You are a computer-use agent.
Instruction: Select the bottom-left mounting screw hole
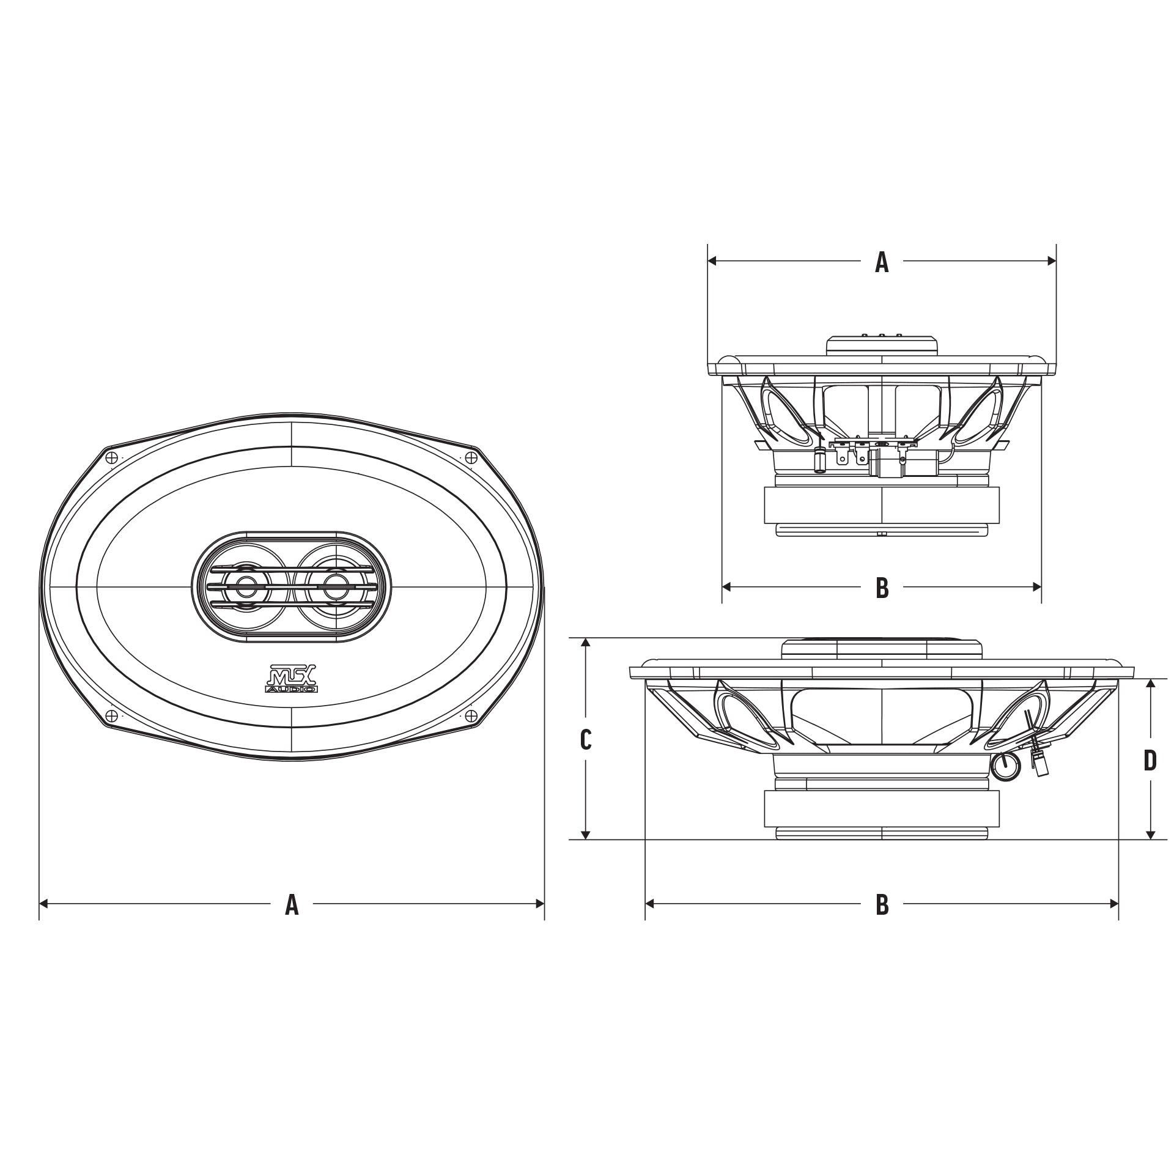pos(111,716)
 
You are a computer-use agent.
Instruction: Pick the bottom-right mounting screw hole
pos(471,716)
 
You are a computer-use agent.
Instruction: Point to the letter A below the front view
pos(292,904)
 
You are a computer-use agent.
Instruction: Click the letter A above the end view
pos(881,262)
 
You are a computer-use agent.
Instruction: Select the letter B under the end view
pos(881,588)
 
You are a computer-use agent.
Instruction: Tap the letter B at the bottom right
pos(881,904)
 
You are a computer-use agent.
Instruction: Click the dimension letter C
pos(585,740)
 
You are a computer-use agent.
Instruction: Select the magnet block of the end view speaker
pos(881,504)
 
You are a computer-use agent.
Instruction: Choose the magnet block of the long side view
pos(881,808)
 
